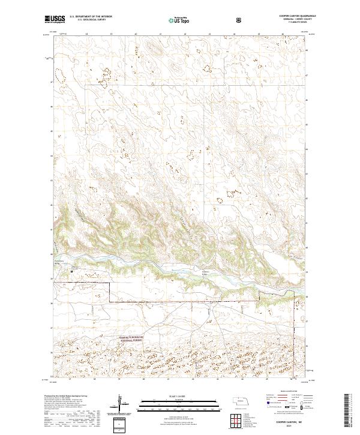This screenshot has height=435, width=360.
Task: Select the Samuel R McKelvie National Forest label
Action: (125, 340)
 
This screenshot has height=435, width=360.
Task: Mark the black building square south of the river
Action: (73, 271)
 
